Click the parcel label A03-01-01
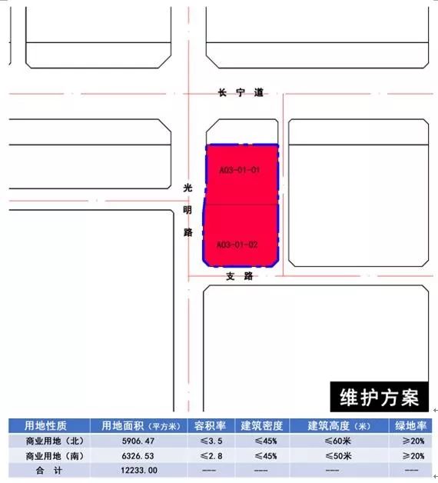pyautogui.click(x=240, y=170)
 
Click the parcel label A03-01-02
pyautogui.click(x=237, y=245)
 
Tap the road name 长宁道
pyautogui.click(x=241, y=92)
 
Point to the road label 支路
pyautogui.click(x=240, y=276)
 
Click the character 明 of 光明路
pyautogui.click(x=187, y=210)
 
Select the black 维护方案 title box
pyautogui.click(x=379, y=397)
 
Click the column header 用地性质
pyautogui.click(x=45, y=426)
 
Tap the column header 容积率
pyautogui.click(x=210, y=426)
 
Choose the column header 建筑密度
pyautogui.click(x=261, y=426)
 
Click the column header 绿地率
pyautogui.click(x=410, y=426)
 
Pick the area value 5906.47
pyautogui.click(x=138, y=441)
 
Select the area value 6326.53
pyautogui.click(x=138, y=456)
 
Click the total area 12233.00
pyautogui.click(x=139, y=471)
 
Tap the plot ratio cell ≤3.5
pyautogui.click(x=211, y=441)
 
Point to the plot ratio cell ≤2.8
pyautogui.click(x=211, y=456)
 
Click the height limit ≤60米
pyautogui.click(x=337, y=441)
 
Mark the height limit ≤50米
pyautogui.click(x=337, y=456)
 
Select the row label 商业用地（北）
pyautogui.click(x=55, y=441)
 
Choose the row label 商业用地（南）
pyautogui.click(x=55, y=456)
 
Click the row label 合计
pyautogui.click(x=49, y=471)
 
